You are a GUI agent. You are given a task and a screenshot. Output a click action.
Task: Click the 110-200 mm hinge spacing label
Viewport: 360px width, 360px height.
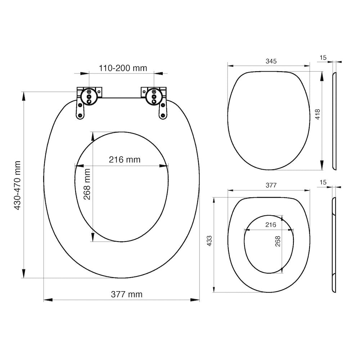click(123, 68)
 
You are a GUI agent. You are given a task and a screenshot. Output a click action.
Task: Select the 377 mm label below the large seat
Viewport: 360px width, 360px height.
click(126, 294)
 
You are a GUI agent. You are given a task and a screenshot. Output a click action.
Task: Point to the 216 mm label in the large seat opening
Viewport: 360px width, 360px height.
click(125, 159)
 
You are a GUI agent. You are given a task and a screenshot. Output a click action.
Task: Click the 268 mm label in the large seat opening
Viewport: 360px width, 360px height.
click(87, 184)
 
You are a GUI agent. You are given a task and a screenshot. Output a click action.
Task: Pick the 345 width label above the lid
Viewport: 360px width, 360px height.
click(271, 61)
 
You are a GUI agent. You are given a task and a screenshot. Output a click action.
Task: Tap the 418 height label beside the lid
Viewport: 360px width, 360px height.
click(318, 114)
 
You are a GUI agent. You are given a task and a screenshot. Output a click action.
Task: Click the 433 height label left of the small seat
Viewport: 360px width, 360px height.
click(210, 241)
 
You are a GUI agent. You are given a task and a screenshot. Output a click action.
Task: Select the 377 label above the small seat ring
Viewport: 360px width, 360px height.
click(271, 185)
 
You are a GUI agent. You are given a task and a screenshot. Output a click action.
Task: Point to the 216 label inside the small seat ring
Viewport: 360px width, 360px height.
click(271, 225)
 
